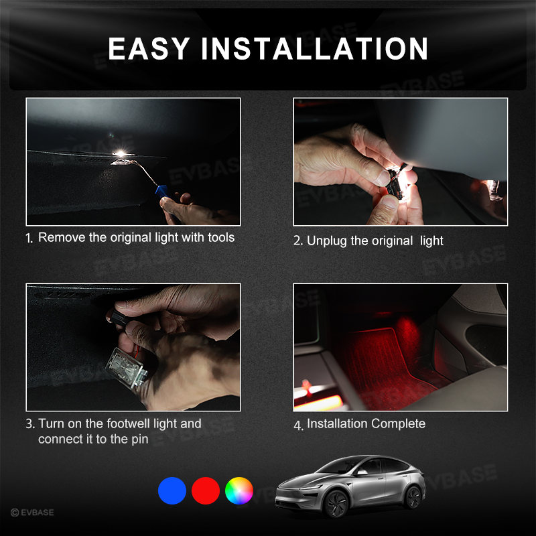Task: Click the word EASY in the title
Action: coord(148,49)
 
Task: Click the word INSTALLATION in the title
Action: coord(315,49)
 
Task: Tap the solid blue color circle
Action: coord(172,490)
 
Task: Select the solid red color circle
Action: coord(206,490)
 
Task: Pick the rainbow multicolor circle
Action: coord(239,490)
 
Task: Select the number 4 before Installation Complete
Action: coord(297,425)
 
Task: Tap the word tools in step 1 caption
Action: coord(218,237)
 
